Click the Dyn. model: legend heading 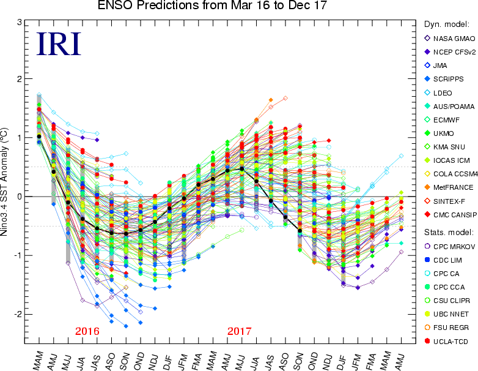tap(446, 24)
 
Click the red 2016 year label tap(87, 331)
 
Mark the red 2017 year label tap(239, 331)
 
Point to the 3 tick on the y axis tap(20, 23)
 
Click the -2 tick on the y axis tap(19, 314)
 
